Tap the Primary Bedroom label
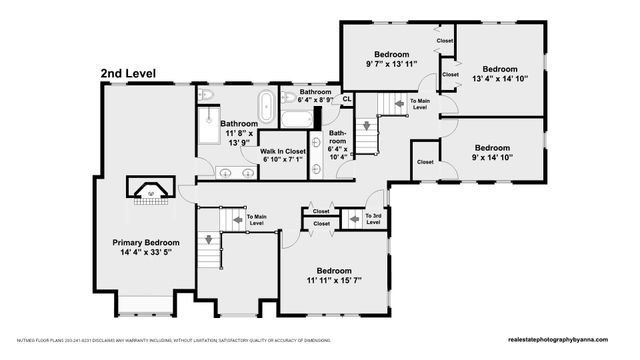click(x=146, y=242)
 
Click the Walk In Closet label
click(x=283, y=151)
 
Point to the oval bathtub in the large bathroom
click(x=266, y=104)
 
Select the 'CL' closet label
click(x=347, y=98)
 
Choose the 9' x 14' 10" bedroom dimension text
click(x=492, y=157)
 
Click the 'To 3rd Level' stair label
click(x=374, y=219)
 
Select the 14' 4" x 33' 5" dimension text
click(x=146, y=253)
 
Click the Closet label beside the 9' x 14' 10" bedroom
click(x=425, y=161)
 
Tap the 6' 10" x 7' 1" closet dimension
click(x=283, y=160)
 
